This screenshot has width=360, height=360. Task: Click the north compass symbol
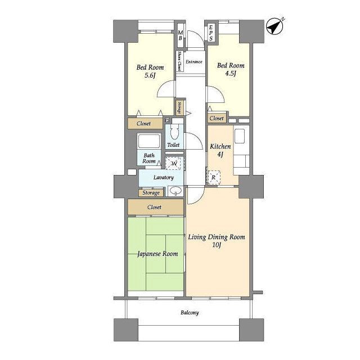tap(275, 26)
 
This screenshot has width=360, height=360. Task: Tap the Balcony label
tap(190, 313)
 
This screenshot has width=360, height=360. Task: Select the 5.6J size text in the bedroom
tap(150, 75)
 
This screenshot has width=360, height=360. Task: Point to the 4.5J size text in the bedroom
tap(231, 74)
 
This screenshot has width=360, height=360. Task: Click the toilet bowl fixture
tap(174, 132)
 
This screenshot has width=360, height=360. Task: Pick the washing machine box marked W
tap(174, 163)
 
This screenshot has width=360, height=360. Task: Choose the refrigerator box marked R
tap(214, 177)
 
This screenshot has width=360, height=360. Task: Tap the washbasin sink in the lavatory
tap(175, 191)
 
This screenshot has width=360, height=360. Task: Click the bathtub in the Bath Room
tap(148, 141)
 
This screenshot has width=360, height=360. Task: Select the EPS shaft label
tap(211, 33)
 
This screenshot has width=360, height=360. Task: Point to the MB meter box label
tap(181, 35)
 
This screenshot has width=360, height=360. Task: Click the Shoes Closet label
tap(179, 61)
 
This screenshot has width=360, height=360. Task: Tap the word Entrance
tap(194, 62)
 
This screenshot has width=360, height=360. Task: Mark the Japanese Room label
tap(157, 254)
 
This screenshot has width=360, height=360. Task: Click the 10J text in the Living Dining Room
tap(217, 245)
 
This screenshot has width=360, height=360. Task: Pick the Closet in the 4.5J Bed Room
tap(217, 119)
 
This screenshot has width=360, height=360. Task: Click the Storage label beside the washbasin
tap(151, 193)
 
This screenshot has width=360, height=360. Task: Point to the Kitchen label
tap(220, 146)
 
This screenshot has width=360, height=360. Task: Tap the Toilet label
tap(173, 145)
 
